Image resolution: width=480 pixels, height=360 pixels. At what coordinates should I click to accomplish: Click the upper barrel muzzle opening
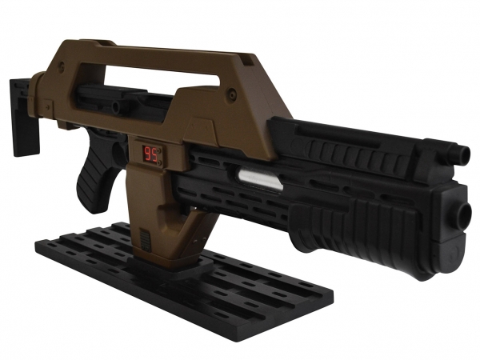[466, 153]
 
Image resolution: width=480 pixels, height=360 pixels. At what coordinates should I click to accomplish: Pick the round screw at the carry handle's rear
[62, 65]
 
